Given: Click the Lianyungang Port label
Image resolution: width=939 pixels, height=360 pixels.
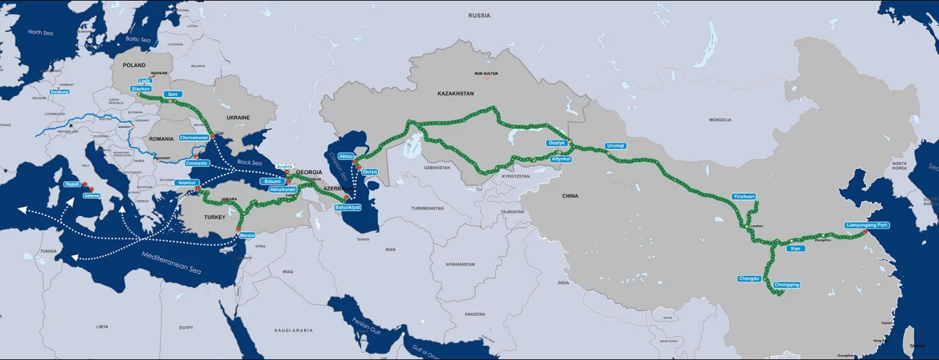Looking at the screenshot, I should click(867, 225).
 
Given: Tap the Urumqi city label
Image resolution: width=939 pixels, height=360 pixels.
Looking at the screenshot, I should click(615, 145).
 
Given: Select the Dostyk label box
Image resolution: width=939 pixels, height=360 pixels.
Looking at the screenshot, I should click(557, 143).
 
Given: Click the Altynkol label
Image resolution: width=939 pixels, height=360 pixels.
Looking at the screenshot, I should click(561, 159).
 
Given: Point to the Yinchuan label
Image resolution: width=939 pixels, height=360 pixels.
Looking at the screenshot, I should click(744, 196).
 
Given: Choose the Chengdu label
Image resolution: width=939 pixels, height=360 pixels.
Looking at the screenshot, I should click(749, 278).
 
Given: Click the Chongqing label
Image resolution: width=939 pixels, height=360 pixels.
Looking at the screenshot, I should click(787, 285).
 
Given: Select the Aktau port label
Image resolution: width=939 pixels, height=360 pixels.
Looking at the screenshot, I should click(346, 155).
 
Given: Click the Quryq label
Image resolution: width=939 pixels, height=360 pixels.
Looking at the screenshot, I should click(370, 171).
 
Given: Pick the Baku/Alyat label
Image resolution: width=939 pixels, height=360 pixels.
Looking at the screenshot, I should click(347, 208).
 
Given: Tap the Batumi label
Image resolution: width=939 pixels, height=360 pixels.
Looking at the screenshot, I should click(271, 181).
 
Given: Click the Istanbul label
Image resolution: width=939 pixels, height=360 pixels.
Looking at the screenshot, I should click(187, 182).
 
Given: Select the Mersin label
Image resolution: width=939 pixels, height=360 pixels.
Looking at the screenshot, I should click(247, 236).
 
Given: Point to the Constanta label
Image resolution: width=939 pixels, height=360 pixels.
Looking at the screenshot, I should click(197, 163).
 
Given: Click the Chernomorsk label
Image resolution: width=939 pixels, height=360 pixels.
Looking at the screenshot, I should click(194, 137).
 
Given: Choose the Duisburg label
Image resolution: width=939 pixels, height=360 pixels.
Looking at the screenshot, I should click(59, 92).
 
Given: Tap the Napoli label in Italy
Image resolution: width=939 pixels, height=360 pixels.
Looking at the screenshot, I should click(72, 184).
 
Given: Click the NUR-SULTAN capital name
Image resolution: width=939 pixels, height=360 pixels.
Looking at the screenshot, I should click(486, 73).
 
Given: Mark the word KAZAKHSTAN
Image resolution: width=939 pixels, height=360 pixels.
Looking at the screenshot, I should click(455, 93).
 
